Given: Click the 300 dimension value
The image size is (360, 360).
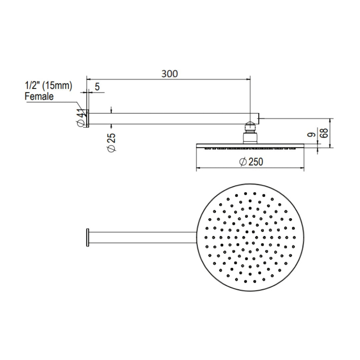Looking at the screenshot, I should tap(170, 74).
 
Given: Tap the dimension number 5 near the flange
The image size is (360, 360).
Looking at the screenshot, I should tap(97, 87).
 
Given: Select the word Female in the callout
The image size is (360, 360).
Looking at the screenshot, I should tap(39, 97).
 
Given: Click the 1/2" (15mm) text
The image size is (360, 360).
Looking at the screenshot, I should tap(48, 86).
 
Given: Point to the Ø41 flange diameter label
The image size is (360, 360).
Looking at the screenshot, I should tap(80, 119).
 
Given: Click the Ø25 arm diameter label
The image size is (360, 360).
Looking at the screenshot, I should tap(112, 143).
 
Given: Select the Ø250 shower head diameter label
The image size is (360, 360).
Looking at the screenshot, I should tap(251, 162).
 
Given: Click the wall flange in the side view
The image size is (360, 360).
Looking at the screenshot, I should tap(88, 119).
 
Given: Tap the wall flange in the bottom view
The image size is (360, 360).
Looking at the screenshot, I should tap(88, 237).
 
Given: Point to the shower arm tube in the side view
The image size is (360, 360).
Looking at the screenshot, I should tap(167, 119).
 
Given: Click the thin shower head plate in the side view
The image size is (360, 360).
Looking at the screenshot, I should tap(250, 145).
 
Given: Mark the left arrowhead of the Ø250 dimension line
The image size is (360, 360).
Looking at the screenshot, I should tap(198, 168).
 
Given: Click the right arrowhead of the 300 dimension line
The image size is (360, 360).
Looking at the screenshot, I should tap(248, 79).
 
